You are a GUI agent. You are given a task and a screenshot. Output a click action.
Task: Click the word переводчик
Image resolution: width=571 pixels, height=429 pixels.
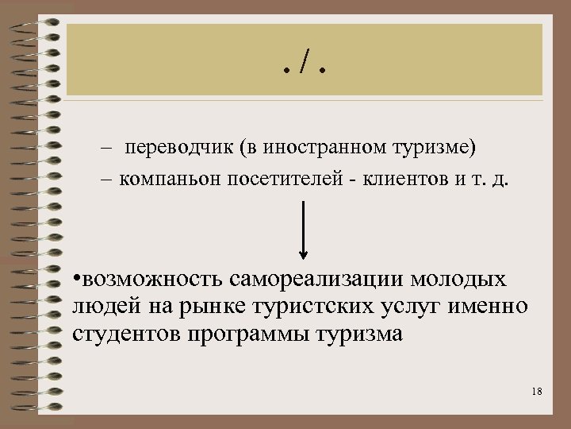171,149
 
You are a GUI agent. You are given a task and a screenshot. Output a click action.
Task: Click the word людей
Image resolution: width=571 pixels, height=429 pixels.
99,307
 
